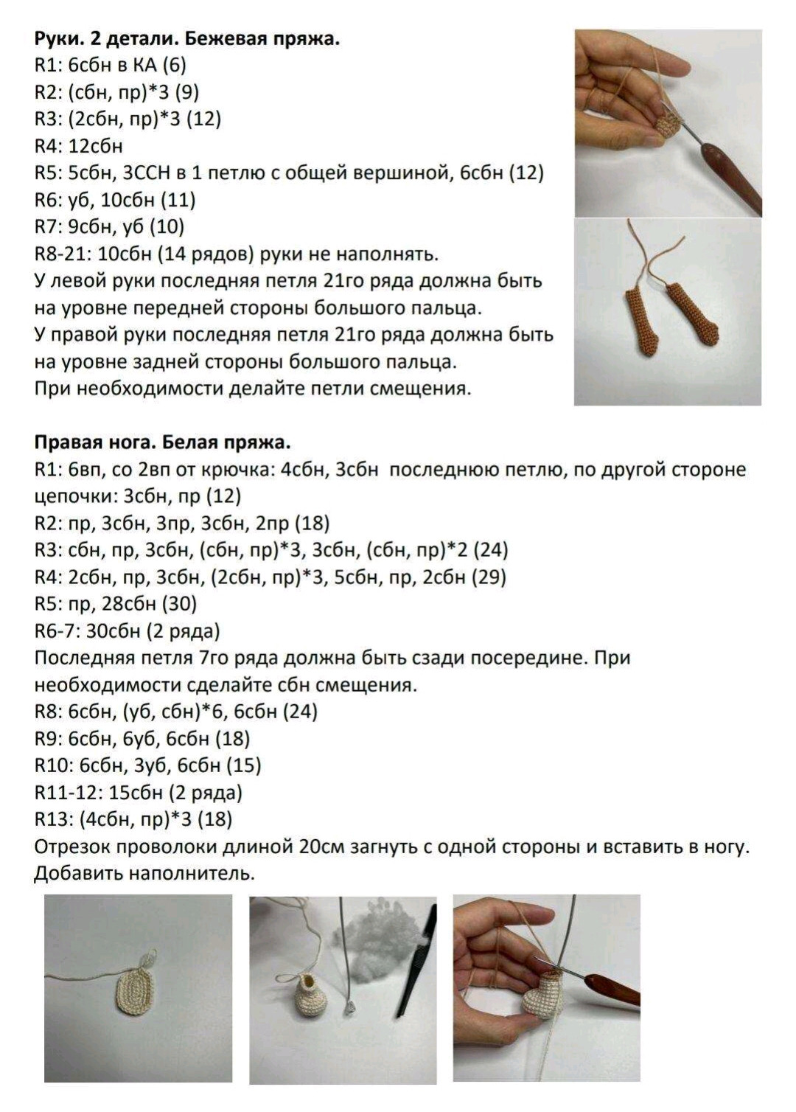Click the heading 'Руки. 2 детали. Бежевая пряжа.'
[187, 38]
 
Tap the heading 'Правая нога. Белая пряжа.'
[162, 442]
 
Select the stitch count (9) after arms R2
[185, 92]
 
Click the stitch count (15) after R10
[246, 765]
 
